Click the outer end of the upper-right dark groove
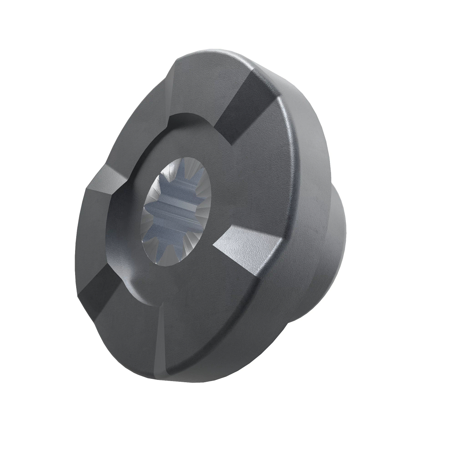(x=265, y=82)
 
